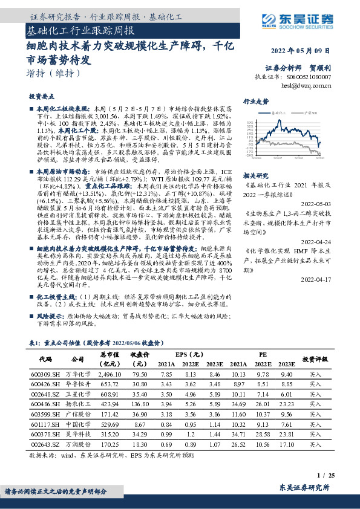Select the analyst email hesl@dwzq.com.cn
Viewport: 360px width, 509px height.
(307, 86)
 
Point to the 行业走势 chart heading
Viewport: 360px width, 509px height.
(255, 101)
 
